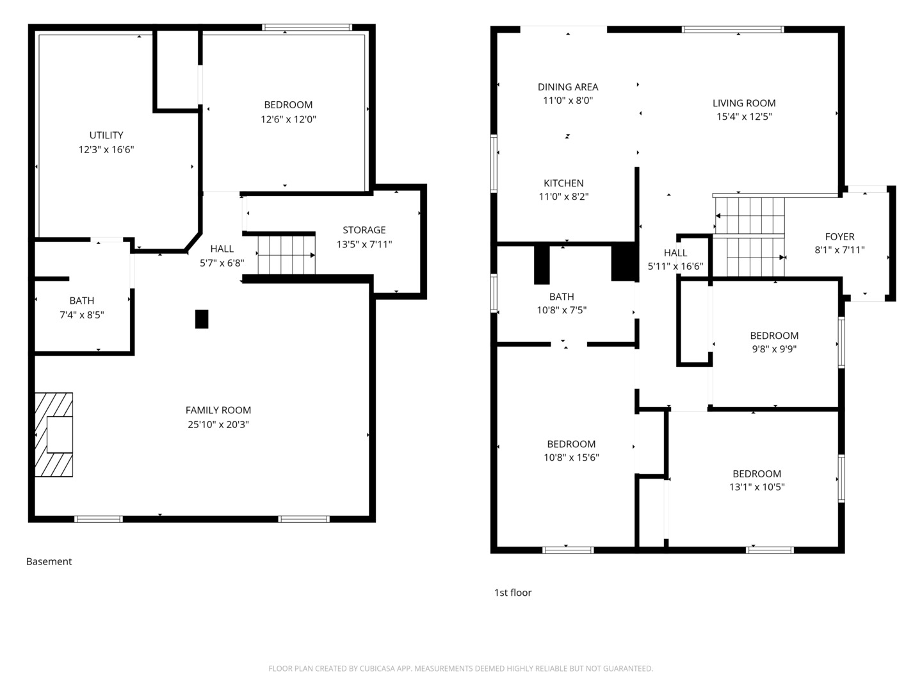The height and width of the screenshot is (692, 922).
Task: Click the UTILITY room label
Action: tap(106, 135)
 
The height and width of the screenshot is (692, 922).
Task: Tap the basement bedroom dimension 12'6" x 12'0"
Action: tap(288, 119)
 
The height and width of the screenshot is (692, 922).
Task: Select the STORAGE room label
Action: tap(364, 230)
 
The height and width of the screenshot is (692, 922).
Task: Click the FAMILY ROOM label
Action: tap(218, 410)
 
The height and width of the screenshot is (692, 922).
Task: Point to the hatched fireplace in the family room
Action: tap(54, 434)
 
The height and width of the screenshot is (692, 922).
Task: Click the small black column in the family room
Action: tap(202, 319)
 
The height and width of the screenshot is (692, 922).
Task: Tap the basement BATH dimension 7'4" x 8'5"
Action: tap(82, 315)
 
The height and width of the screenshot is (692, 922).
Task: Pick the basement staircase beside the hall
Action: tap(286, 255)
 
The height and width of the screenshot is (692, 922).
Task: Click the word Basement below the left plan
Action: tap(49, 561)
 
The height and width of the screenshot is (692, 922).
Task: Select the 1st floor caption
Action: tap(513, 593)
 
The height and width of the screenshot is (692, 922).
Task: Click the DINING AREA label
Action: tap(568, 87)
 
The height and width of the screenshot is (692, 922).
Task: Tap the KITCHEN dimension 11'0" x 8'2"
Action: tap(563, 197)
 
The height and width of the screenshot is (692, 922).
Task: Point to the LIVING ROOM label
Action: tap(744, 103)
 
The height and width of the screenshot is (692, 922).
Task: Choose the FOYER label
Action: tap(839, 236)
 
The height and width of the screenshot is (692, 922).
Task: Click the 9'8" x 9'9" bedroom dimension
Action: tap(774, 349)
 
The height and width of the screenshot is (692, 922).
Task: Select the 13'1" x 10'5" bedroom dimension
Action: tap(757, 487)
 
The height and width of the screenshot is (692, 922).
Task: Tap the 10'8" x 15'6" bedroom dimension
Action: tap(571, 457)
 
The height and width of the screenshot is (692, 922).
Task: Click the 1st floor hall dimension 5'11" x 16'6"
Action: tap(675, 267)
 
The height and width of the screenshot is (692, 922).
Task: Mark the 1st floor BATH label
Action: tap(562, 297)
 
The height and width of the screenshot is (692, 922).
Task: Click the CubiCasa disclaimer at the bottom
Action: tap(461, 668)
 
